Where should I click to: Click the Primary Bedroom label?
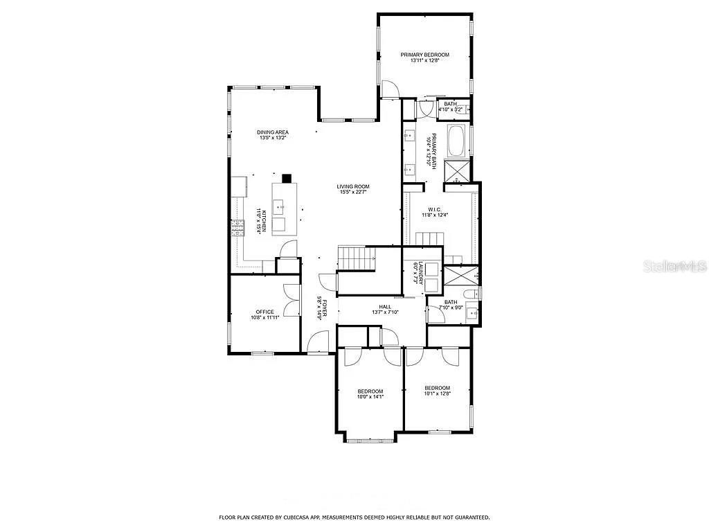click(x=424, y=55)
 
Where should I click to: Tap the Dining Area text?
click(x=272, y=132)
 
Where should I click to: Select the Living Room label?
click(x=353, y=186)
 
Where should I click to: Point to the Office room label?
click(x=264, y=312)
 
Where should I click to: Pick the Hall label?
click(x=385, y=306)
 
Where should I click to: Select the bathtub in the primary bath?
click(x=458, y=141)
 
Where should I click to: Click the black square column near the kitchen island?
click(x=287, y=177)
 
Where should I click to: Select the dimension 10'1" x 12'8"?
click(x=437, y=394)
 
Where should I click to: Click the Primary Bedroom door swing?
click(x=391, y=89)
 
